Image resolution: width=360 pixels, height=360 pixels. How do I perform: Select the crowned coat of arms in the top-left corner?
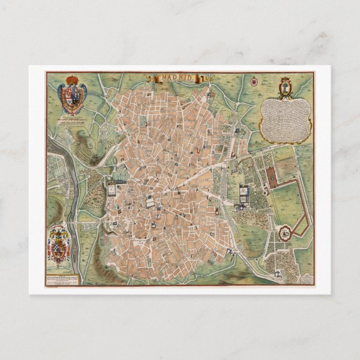pos(73,93)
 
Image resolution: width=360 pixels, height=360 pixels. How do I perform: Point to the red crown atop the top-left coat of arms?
pos(73,79)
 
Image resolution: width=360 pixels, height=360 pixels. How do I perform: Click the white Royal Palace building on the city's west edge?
pos(112,188)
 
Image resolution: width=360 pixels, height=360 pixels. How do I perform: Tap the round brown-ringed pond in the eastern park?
pos(285,231)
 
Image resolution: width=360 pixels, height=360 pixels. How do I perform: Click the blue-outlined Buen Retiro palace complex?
pos(244,194)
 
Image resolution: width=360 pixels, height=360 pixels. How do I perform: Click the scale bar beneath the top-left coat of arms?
pos(73,117)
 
